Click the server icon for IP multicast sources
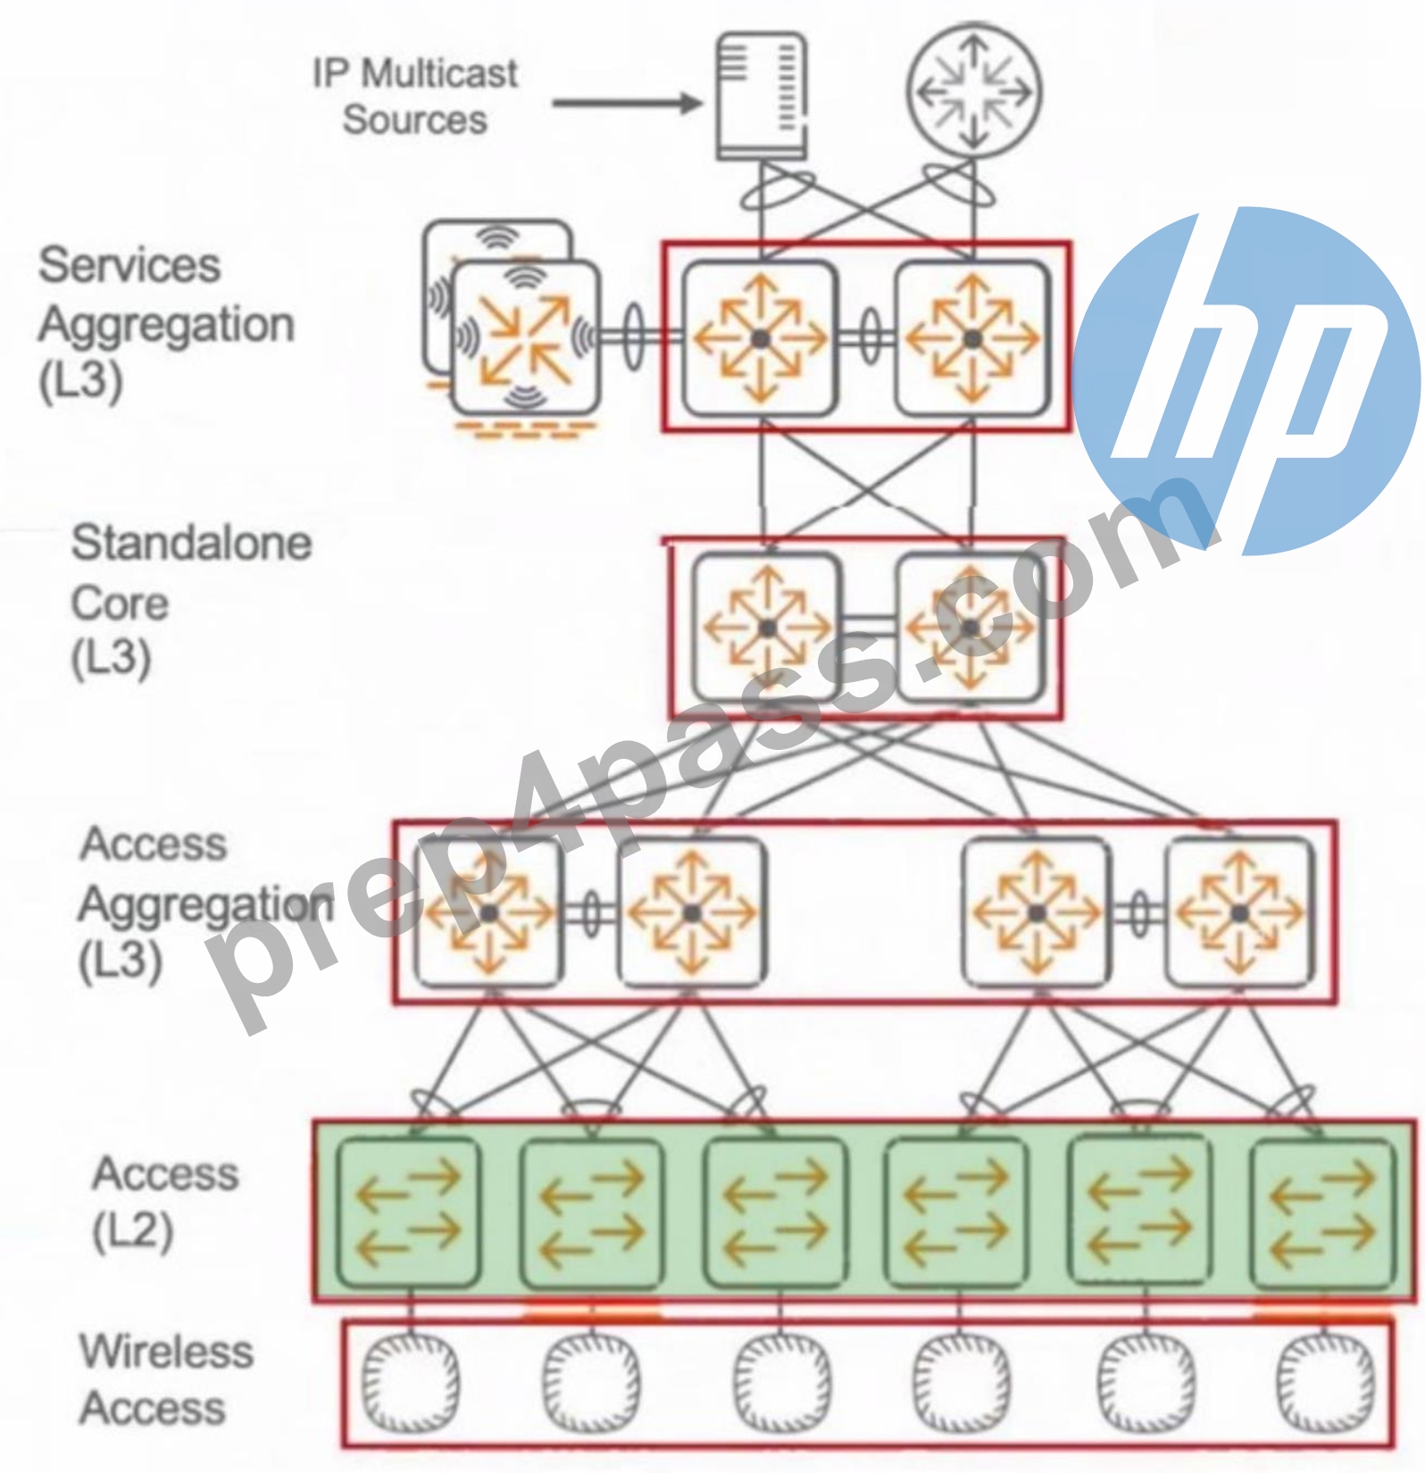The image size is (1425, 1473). point(762,96)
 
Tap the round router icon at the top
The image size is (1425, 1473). point(974,91)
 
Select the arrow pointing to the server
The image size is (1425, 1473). point(628,104)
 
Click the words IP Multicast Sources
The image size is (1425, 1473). point(415,96)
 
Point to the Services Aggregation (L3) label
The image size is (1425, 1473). point(166,323)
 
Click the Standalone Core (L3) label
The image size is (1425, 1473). point(191,602)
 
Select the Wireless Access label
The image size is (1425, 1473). point(166,1380)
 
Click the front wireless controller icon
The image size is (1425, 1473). point(525,337)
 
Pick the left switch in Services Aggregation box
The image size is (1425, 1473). point(760,338)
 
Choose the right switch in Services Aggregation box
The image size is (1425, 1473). point(973,338)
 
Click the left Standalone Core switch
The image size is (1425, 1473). point(767,628)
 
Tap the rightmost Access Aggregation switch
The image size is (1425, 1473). point(1239,912)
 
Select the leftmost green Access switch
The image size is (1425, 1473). point(408,1212)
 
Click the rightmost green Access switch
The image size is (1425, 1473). point(1322,1212)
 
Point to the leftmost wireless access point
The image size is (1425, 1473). point(411,1380)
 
